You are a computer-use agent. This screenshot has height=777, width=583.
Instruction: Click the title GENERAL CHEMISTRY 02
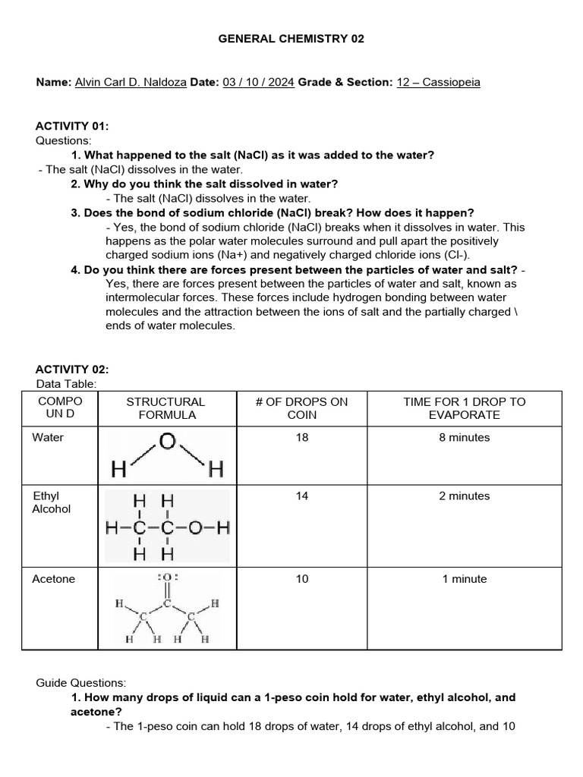pyautogui.click(x=291, y=39)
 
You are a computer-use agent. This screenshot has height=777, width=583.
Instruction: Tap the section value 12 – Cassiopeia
pyautogui.click(x=438, y=82)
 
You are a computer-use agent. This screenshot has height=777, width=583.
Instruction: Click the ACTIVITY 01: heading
pyautogui.click(x=73, y=127)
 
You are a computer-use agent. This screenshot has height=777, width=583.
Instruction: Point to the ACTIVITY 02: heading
pyautogui.click(x=73, y=370)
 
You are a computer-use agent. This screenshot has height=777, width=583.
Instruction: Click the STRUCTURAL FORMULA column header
pyautogui.click(x=165, y=408)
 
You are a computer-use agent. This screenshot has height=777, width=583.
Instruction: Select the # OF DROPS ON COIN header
pyautogui.click(x=301, y=408)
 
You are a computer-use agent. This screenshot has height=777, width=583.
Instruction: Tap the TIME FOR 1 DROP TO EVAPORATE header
pyautogui.click(x=464, y=408)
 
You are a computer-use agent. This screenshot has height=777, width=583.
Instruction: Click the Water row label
pyautogui.click(x=48, y=438)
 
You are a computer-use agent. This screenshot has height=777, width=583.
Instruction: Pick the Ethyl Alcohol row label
pyautogui.click(x=52, y=502)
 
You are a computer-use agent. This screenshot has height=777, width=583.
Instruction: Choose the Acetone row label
pyautogui.click(x=54, y=579)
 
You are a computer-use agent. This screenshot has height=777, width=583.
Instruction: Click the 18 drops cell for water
pyautogui.click(x=302, y=438)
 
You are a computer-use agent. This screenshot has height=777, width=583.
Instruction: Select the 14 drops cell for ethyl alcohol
pyautogui.click(x=302, y=496)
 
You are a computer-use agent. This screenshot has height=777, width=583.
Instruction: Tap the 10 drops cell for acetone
pyautogui.click(x=302, y=579)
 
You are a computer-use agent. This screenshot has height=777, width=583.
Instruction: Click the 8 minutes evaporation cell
pyautogui.click(x=464, y=438)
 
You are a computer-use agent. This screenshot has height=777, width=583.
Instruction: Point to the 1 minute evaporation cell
pyautogui.click(x=464, y=579)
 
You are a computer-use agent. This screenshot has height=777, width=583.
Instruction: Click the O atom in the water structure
pyautogui.click(x=167, y=442)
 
